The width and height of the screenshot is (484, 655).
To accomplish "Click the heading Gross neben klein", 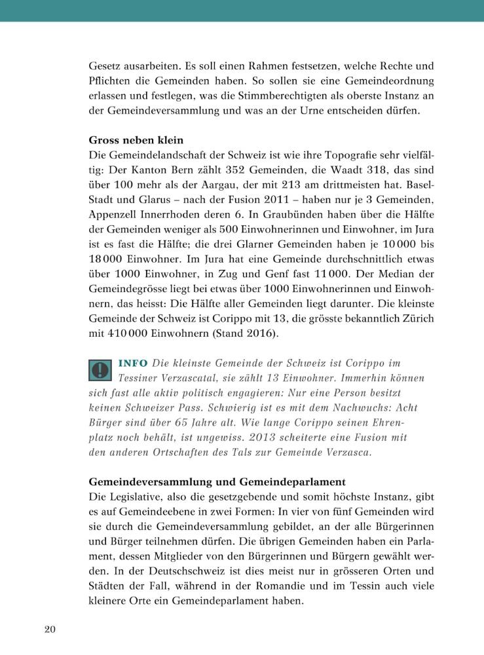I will (136, 140).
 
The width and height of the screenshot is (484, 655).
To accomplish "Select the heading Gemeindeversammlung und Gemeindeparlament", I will (217, 481).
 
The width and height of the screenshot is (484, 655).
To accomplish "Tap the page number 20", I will (50, 629).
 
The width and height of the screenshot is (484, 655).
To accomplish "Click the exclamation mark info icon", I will (100, 369).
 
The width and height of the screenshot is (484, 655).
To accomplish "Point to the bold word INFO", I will (133, 363).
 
